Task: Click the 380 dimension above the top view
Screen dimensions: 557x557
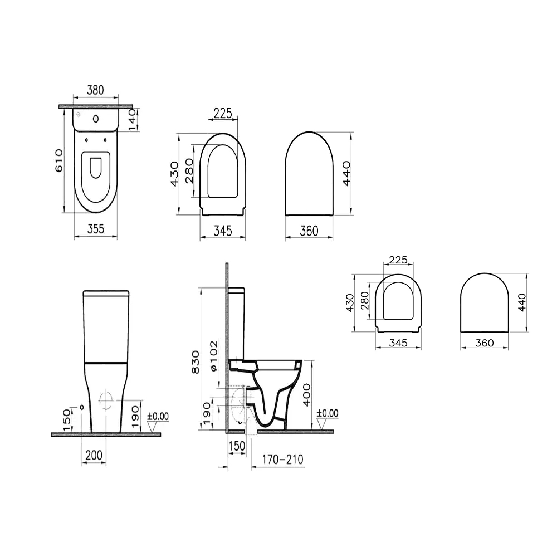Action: pyautogui.click(x=96, y=90)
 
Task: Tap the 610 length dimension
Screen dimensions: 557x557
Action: pyautogui.click(x=59, y=160)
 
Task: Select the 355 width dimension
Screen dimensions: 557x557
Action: pyautogui.click(x=96, y=229)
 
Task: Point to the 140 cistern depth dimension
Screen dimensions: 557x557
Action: pyautogui.click(x=132, y=120)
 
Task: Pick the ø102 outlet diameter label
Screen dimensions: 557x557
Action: pyautogui.click(x=213, y=356)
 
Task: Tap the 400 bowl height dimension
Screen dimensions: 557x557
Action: pyautogui.click(x=306, y=395)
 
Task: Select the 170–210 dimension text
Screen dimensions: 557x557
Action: pyautogui.click(x=283, y=460)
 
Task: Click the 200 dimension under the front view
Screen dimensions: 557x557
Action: pyautogui.click(x=94, y=455)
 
